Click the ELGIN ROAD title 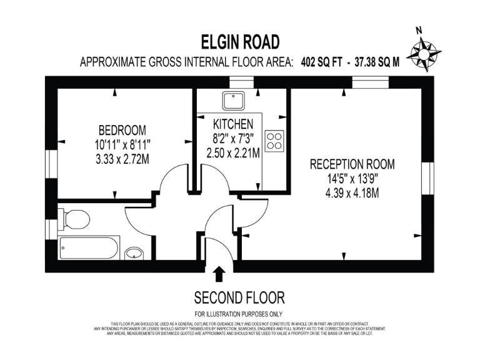(x=240, y=42)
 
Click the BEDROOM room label (x=122, y=130)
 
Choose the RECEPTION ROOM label (x=352, y=164)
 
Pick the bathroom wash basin (x=133, y=253)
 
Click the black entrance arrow (x=219, y=274)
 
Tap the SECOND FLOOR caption (x=239, y=296)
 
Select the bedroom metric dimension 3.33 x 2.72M (x=122, y=159)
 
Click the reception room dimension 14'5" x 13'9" (x=352, y=179)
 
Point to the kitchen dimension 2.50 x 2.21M (x=233, y=152)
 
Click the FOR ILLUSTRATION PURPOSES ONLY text (x=239, y=313)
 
